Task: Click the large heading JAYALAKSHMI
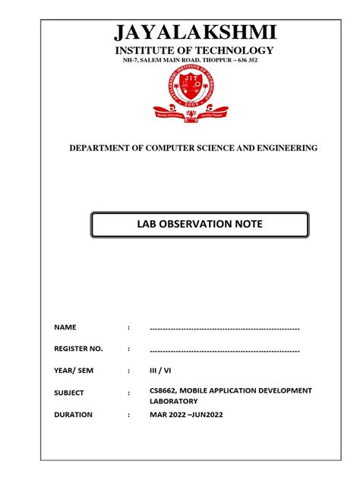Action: [194, 33]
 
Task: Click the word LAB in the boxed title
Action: [143, 226]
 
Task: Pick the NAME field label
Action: [66, 327]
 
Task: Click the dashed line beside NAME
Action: [225, 327]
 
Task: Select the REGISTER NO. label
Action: [78, 349]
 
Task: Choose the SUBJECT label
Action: [69, 393]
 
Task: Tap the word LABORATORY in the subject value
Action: [174, 401]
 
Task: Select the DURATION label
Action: [73, 415]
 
